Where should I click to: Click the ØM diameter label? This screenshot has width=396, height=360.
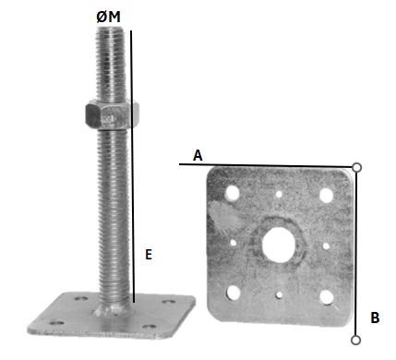pyautogui.click(x=108, y=17)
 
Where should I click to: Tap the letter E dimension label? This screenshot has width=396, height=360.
pyautogui.click(x=149, y=255)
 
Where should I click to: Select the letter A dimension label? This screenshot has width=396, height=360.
pyautogui.click(x=198, y=155)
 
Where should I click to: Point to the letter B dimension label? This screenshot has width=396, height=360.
pyautogui.click(x=375, y=318)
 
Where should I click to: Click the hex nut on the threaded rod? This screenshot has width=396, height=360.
pyautogui.click(x=112, y=114)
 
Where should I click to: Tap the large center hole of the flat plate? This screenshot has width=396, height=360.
pyautogui.click(x=279, y=245)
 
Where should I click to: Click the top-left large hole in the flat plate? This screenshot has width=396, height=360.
pyautogui.click(x=233, y=193)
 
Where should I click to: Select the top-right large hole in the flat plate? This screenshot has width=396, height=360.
pyautogui.click(x=326, y=196)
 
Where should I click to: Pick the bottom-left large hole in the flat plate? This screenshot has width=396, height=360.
pyautogui.click(x=234, y=293)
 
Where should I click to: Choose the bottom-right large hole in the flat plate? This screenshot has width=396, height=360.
pyautogui.click(x=327, y=297)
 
